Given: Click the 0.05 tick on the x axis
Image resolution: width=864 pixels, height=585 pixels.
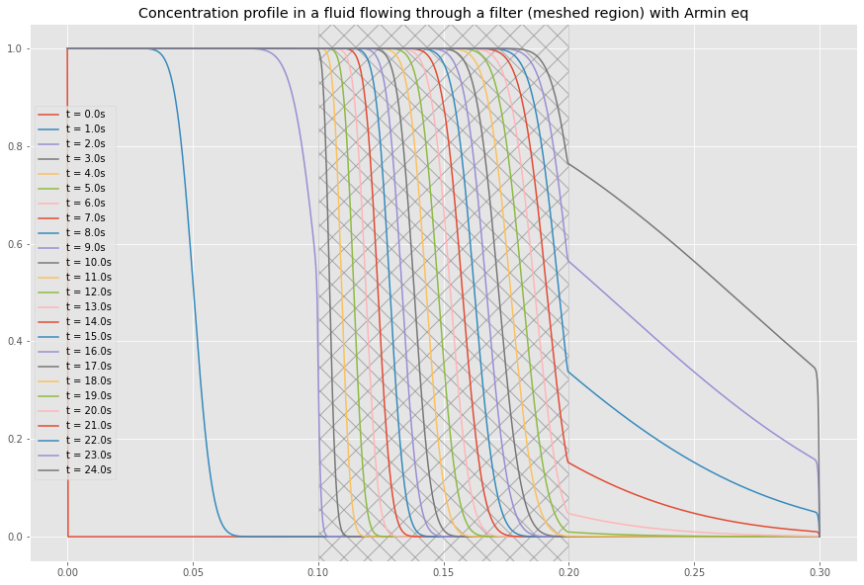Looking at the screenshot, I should tap(193, 571).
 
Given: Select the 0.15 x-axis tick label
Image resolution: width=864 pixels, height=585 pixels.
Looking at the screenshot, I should tap(443, 571).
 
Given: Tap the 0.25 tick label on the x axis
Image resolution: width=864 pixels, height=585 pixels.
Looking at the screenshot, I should tap(694, 571).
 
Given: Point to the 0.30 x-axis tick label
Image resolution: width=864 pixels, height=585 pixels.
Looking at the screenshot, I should tap(820, 571).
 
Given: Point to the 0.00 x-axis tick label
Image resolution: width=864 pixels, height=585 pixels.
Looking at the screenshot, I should tap(67, 571).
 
